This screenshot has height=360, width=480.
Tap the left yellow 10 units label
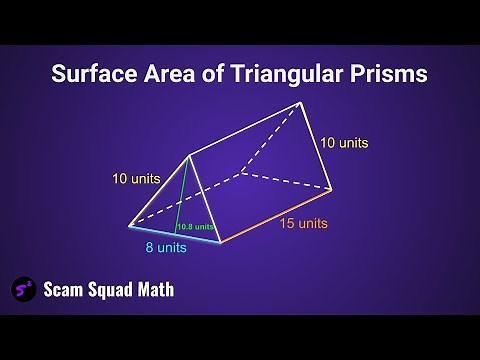point(135,180)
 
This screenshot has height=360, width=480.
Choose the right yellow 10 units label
point(344,143)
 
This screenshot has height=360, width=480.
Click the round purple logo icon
point(24,289)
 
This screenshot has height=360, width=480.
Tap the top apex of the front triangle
point(189,157)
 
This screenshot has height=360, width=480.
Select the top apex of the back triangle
point(299,103)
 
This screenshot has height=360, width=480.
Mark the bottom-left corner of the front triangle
point(130,226)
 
